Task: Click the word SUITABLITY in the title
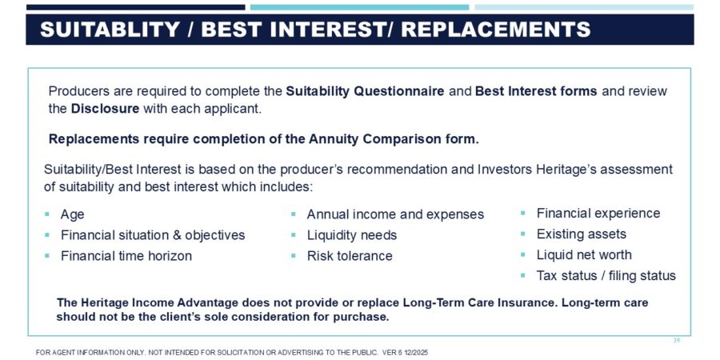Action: coord(110,30)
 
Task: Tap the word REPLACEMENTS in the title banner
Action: coord(496,30)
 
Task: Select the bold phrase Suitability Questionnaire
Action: coord(365,91)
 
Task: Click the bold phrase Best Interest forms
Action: coord(536,91)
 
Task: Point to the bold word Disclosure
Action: coord(105,110)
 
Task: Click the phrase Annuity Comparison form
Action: coord(394,139)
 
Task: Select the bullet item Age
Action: coord(73,215)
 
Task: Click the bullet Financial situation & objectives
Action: coord(153,235)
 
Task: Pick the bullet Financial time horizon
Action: coord(126,256)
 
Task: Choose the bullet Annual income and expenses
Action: coord(395,214)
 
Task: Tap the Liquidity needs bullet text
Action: coord(352,235)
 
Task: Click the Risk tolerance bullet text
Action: coord(350,256)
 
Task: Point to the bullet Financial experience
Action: coord(598,213)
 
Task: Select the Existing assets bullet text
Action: coord(582,234)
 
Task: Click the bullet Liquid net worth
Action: coord(584,255)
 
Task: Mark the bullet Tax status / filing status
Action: coord(606,275)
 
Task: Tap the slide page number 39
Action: coord(676,341)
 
